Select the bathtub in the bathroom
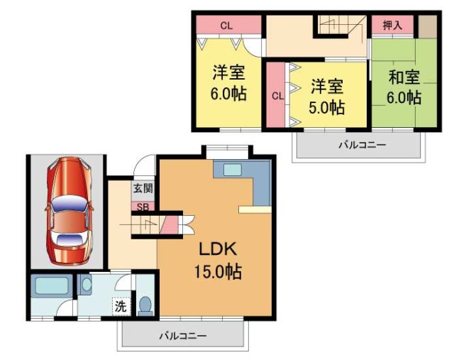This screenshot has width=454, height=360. pos(51,287)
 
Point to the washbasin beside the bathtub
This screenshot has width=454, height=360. pos(87,285)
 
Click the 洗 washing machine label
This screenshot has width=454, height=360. pos(121,307)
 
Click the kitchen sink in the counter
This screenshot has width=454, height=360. pos(232,170)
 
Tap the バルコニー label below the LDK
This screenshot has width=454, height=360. pos(182,335)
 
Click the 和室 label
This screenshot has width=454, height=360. pos(404,76)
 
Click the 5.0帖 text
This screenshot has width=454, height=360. pos(327,108)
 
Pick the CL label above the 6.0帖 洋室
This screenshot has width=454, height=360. pos(226,26)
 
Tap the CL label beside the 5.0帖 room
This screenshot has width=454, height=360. pos(277,95)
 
